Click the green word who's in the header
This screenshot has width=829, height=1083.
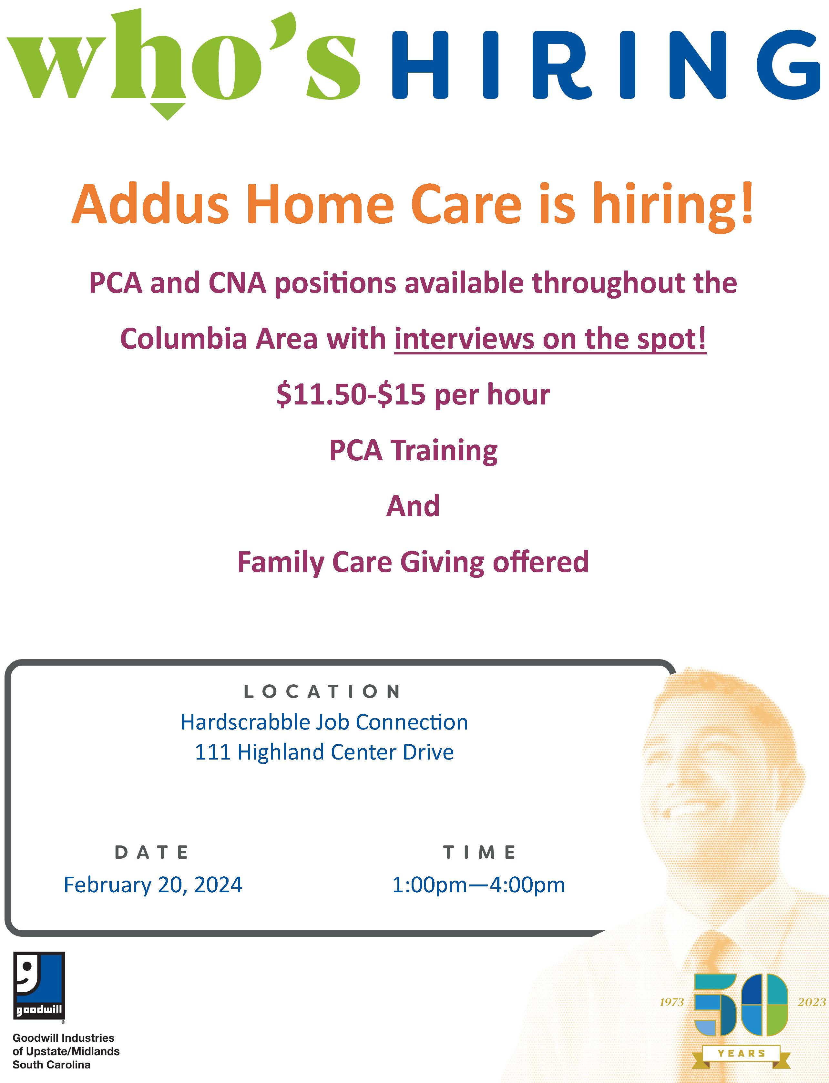(x=183, y=62)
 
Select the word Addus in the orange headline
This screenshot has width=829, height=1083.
(x=150, y=204)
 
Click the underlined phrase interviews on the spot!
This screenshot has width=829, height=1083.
(x=550, y=340)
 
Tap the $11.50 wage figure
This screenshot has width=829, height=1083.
(x=323, y=395)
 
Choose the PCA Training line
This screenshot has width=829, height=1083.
(x=414, y=450)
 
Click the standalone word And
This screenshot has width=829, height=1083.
(x=413, y=506)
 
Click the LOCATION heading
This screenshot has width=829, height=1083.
(x=323, y=692)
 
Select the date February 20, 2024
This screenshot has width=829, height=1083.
(x=153, y=885)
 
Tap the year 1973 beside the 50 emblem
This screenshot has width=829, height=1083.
(x=671, y=1002)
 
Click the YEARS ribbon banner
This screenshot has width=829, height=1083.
(x=741, y=1053)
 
